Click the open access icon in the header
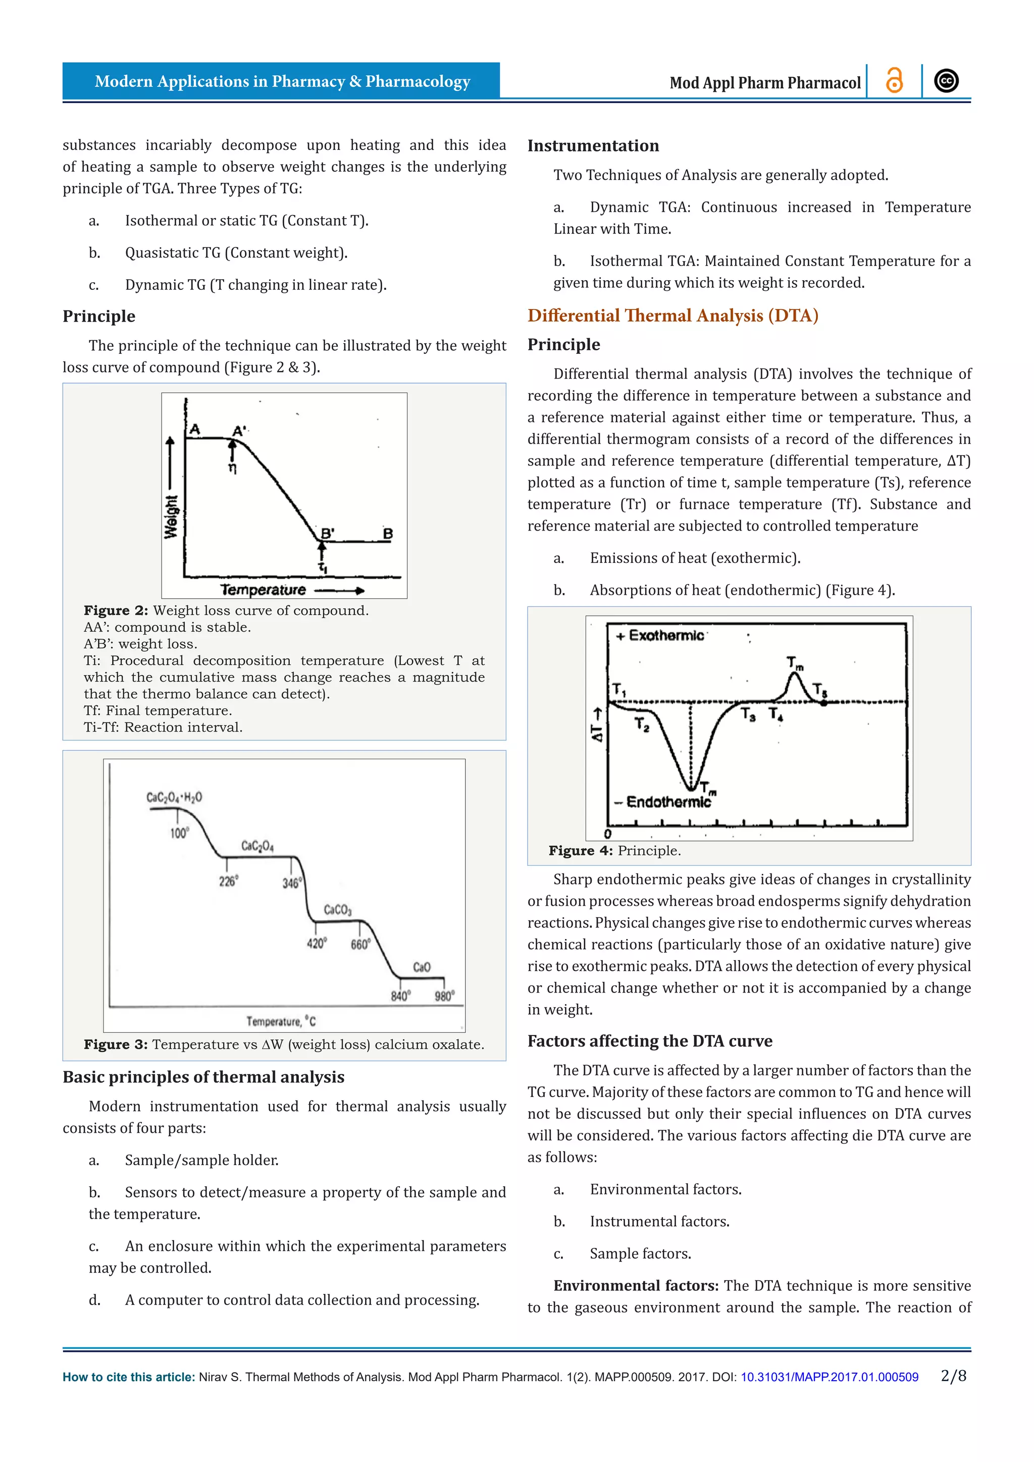click(894, 81)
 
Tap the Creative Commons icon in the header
click(946, 81)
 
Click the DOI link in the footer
click(829, 1377)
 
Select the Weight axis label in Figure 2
click(171, 516)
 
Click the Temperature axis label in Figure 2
click(263, 590)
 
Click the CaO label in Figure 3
click(422, 967)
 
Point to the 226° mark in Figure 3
click(228, 881)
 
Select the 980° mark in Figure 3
click(444, 996)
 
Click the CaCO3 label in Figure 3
click(337, 909)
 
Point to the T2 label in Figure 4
click(642, 724)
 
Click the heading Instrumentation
click(593, 146)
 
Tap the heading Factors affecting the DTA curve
click(649, 1040)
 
